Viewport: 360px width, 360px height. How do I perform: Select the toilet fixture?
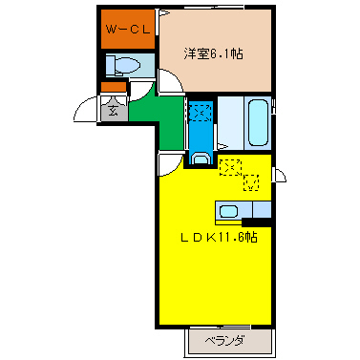[123, 66]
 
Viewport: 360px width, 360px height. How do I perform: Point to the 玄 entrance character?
[113, 110]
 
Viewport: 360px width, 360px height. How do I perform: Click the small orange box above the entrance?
[112, 89]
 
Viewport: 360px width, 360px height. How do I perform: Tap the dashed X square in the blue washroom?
[200, 113]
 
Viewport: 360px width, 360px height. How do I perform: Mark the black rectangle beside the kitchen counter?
[256, 223]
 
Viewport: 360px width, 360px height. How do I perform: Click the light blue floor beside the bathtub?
[230, 121]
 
